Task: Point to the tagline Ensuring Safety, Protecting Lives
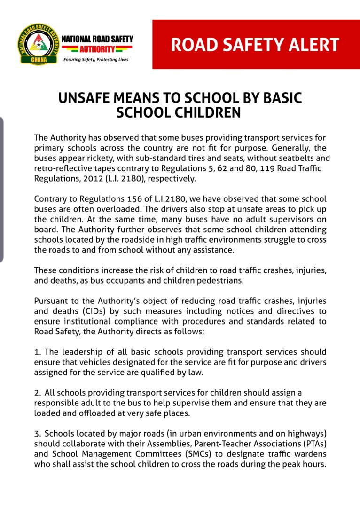pyautogui.click(x=95, y=60)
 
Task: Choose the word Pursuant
pyautogui.click(x=51, y=301)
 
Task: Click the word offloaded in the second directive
pyautogui.click(x=94, y=413)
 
